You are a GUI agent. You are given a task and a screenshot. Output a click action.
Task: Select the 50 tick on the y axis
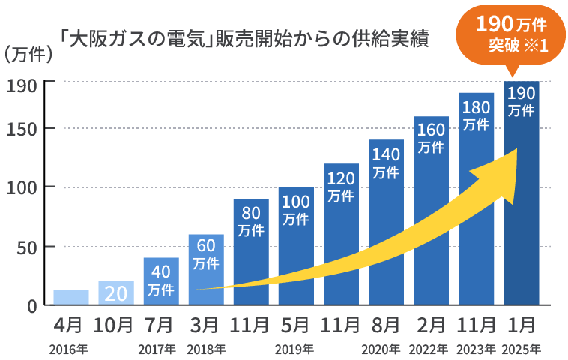tap(27, 247)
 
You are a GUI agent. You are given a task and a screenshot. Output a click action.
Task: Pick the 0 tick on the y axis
tap(31, 306)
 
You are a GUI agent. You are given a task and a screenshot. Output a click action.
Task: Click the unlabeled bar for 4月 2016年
tap(71, 297)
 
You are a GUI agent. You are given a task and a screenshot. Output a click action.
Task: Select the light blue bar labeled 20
tap(116, 292)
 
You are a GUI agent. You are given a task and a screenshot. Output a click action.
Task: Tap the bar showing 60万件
tap(206, 270)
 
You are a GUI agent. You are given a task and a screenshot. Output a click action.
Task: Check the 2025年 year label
tap(521, 349)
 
